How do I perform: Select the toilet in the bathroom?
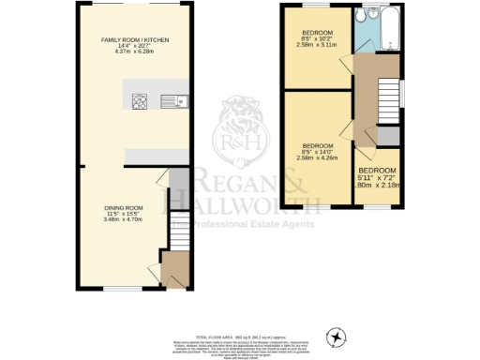click(371, 18)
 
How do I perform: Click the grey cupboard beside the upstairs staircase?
click(389, 135)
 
